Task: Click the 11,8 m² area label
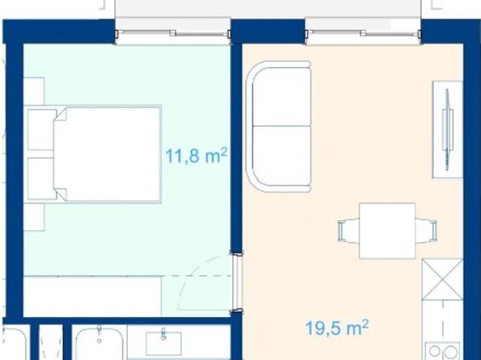pyautogui.click(x=196, y=156)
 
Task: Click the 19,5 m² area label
pyautogui.click(x=337, y=327)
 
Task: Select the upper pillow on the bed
pyautogui.click(x=42, y=131)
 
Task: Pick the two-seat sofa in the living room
pyautogui.click(x=280, y=126)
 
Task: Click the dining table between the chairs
pyautogui.click(x=388, y=230)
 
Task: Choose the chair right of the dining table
pyautogui.click(x=427, y=230)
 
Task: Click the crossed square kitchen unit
pyautogui.click(x=441, y=280)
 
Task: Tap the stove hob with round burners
pyautogui.click(x=443, y=351)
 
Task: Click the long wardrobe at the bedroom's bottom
pyautogui.click(x=92, y=295)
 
